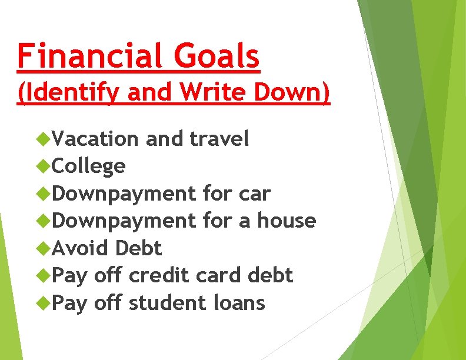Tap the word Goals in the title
216,56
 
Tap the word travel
220,139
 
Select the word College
89,166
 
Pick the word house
287,221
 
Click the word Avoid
81,248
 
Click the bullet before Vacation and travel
42,139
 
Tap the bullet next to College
42,166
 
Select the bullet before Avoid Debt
42,249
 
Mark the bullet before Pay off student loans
42,304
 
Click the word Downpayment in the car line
124,194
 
